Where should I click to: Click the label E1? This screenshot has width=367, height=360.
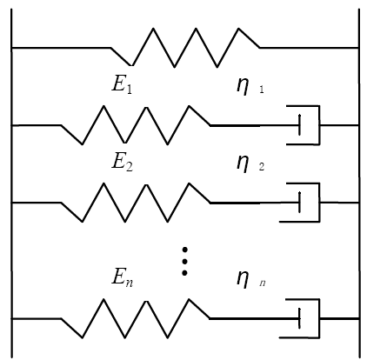click(122, 84)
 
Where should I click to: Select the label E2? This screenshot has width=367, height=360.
click(123, 163)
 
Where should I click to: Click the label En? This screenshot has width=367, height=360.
click(123, 277)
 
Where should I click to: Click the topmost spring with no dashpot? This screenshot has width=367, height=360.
click(185, 48)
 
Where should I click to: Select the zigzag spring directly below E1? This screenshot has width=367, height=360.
click(136, 125)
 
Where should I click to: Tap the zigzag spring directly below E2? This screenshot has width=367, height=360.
click(136, 203)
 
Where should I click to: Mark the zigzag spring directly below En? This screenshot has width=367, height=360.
click(135, 318)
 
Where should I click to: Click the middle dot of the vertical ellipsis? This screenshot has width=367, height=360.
click(184, 261)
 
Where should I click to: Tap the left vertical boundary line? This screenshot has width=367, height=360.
click(11, 183)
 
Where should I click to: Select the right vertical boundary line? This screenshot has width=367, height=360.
click(359, 183)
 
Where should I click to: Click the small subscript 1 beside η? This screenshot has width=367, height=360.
click(262, 90)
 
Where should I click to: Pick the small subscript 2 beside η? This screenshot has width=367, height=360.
click(262, 167)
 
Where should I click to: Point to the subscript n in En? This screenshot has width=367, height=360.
click(130, 283)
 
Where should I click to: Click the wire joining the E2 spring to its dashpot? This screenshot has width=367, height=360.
click(255, 203)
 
